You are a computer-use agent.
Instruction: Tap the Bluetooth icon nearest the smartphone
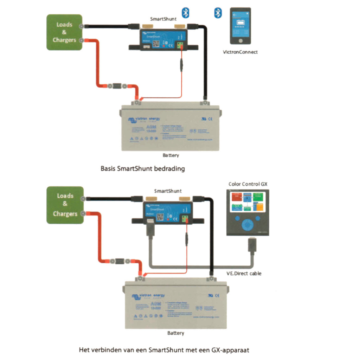tap(218, 14)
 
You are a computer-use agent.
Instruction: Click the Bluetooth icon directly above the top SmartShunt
tap(185, 12)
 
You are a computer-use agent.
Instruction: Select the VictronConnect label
tap(240, 52)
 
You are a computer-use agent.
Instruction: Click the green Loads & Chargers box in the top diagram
tap(64, 32)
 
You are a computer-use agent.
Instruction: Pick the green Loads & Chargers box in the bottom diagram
tap(65, 205)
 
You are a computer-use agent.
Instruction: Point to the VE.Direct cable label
tap(244, 273)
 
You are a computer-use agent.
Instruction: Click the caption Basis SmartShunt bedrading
tap(142, 168)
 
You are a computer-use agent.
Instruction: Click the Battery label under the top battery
tap(171, 155)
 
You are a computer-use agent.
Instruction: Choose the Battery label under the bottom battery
tap(176, 333)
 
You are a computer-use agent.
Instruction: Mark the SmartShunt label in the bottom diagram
tap(168, 191)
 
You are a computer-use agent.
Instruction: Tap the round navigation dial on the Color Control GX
tap(248, 224)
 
